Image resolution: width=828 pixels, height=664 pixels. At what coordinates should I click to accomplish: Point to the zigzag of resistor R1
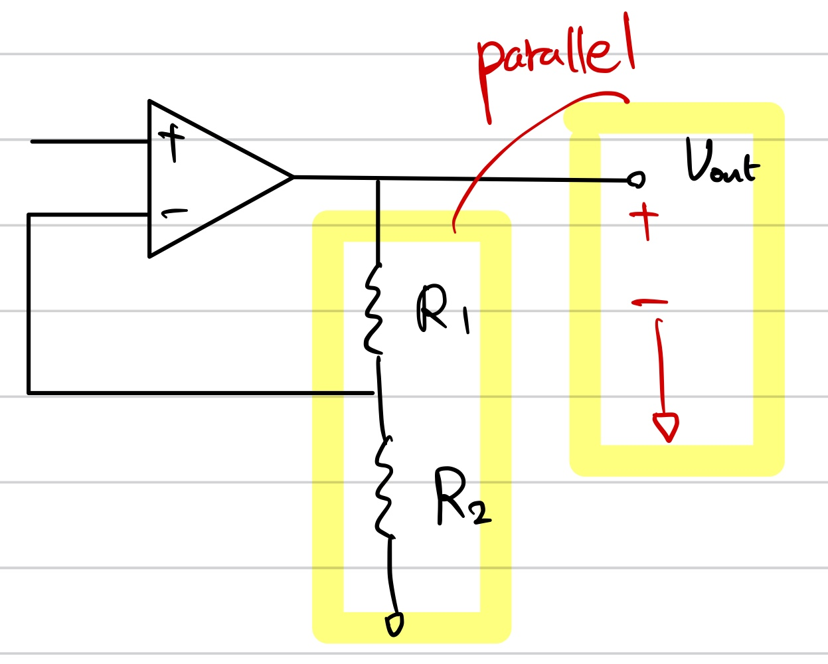(x=373, y=309)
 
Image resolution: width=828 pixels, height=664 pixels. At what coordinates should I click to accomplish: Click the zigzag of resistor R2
(x=384, y=486)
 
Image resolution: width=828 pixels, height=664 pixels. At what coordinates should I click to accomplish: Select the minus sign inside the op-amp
(x=174, y=213)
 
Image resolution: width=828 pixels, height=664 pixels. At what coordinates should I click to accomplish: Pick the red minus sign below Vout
(x=649, y=303)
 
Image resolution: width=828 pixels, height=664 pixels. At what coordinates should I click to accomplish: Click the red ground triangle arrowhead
(x=666, y=426)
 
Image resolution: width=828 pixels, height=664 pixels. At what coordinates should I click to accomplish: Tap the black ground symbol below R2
(x=394, y=624)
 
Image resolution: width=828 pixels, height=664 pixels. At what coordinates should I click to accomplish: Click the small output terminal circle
(x=636, y=179)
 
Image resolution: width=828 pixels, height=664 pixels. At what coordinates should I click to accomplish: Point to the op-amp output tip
(x=293, y=177)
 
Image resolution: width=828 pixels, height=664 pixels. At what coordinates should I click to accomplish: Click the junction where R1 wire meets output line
(x=378, y=179)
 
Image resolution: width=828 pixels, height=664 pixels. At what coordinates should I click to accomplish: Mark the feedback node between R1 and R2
(x=377, y=393)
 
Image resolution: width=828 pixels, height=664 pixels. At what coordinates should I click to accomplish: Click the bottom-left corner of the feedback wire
(x=29, y=392)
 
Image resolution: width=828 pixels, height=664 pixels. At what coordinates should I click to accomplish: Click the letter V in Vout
(x=698, y=160)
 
